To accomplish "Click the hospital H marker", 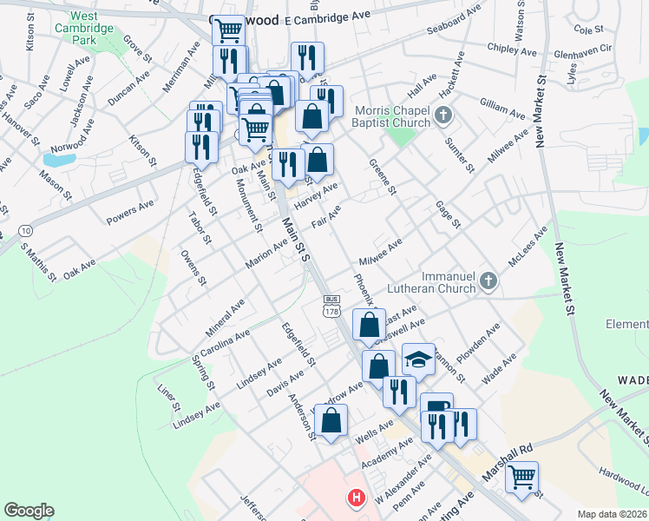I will point(356,498).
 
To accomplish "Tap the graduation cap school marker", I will point(418,359).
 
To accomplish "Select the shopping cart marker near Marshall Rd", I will point(521,477).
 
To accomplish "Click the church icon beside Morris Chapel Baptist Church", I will point(443,115).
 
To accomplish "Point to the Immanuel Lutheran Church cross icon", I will point(488,280).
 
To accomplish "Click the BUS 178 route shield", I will point(331,306).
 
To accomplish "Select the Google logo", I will point(29,511).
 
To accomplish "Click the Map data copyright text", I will point(612,514).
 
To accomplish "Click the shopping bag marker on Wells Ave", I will point(331,421).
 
